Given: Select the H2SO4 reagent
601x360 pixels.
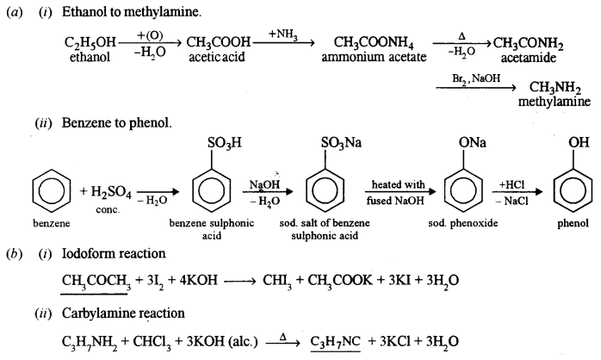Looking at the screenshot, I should point(108,189).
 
